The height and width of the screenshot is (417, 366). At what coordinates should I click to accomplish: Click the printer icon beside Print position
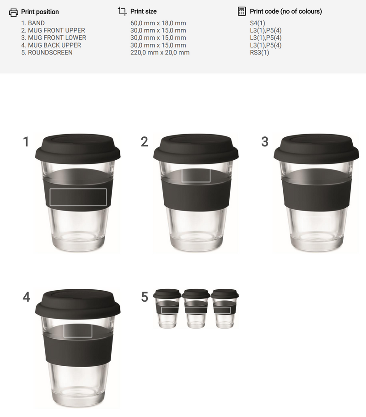click(x=14, y=12)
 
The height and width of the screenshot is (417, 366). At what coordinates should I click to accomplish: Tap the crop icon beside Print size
click(x=122, y=11)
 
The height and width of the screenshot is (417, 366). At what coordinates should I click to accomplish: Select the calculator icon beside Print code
click(x=242, y=11)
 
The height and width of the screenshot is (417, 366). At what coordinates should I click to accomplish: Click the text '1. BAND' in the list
click(x=33, y=23)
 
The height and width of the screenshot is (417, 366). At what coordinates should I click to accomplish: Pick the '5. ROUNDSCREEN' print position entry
click(x=47, y=52)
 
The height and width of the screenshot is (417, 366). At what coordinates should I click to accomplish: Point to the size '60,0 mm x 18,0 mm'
click(x=158, y=23)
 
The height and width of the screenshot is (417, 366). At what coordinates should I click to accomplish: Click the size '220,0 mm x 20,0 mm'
click(x=160, y=52)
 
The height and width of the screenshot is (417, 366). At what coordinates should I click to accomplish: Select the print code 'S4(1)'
click(x=257, y=23)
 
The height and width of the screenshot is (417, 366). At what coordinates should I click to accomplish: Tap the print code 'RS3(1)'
click(x=259, y=52)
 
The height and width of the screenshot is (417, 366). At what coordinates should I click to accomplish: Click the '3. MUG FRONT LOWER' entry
click(x=54, y=38)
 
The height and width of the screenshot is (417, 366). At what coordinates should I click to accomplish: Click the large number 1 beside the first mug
click(x=26, y=142)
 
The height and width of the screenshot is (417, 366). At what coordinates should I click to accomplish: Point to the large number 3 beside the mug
click(x=265, y=142)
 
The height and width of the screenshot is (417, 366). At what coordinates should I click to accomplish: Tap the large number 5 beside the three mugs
click(x=145, y=297)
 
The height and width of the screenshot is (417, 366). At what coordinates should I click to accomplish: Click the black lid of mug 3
click(x=316, y=148)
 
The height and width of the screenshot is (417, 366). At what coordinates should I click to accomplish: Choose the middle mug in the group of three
click(x=196, y=309)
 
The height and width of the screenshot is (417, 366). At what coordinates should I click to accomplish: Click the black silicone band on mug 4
click(x=78, y=351)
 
